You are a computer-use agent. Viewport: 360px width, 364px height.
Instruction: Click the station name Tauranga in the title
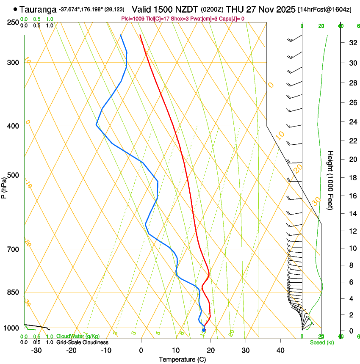(x=38, y=9)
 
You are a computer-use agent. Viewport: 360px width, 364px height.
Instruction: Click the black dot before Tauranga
(x=16, y=9)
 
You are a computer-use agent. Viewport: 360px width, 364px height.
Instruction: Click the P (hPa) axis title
(x=4, y=186)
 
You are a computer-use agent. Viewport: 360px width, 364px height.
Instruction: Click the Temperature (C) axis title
(x=182, y=360)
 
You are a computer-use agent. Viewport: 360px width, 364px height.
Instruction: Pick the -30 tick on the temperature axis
(x=36, y=350)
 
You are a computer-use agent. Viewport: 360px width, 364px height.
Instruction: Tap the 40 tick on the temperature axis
(x=280, y=350)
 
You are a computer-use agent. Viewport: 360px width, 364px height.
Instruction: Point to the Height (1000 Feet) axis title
(x=330, y=180)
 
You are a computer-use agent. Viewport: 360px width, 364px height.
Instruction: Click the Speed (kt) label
(x=321, y=342)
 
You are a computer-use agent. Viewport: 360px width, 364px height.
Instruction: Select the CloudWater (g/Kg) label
(x=75, y=336)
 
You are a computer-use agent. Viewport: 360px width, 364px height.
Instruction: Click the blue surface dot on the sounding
(x=204, y=330)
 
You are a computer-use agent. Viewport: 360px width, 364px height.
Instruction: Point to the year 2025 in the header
(x=281, y=9)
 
